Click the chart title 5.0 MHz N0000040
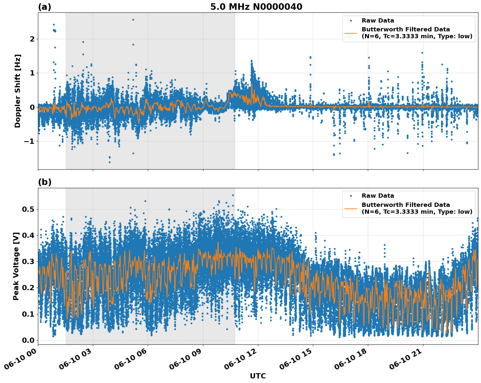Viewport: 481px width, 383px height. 256,7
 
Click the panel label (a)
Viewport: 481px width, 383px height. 44,7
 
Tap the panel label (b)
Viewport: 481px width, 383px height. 44,182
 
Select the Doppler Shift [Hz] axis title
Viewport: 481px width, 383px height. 18,91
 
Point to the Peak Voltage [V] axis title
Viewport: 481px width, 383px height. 16,266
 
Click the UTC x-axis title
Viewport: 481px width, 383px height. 258,376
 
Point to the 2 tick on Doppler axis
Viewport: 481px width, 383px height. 32,39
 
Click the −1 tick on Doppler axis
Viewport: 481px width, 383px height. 29,141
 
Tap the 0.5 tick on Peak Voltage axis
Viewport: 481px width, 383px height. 28,209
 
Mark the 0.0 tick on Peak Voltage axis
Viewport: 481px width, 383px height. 28,340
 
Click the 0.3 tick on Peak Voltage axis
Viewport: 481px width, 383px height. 28,261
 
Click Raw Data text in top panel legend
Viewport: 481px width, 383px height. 378,21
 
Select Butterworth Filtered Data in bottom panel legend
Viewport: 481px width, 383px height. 405,205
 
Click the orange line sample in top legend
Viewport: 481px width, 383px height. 351,33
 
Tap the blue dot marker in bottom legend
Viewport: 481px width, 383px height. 351,196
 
